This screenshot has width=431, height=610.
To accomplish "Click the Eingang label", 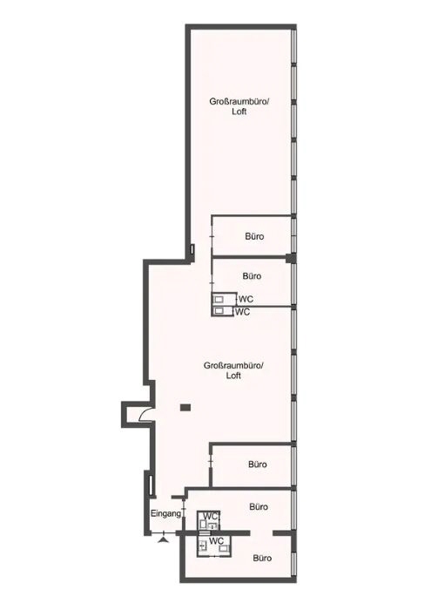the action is pyautogui.click(x=166, y=514).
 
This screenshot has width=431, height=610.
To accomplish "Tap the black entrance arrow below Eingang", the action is pyautogui.click(x=164, y=539).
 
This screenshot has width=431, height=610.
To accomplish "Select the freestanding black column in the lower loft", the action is pyautogui.click(x=185, y=407).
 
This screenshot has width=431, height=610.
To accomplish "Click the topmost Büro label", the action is pyautogui.click(x=254, y=236).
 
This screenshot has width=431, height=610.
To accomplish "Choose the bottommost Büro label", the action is pyautogui.click(x=262, y=558).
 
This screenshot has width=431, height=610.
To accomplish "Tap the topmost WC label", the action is pyautogui.click(x=246, y=299).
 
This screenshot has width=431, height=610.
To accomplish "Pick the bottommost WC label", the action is pyautogui.click(x=217, y=541).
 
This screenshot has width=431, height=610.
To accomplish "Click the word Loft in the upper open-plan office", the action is pyautogui.click(x=239, y=112).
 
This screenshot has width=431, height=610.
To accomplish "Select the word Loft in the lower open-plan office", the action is pyautogui.click(x=233, y=376).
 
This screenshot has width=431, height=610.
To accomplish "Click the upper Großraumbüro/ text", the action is pyautogui.click(x=239, y=102).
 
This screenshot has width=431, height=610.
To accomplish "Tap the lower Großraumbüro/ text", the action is pyautogui.click(x=234, y=366).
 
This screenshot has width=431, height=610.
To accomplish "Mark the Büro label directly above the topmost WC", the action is pyautogui.click(x=252, y=276).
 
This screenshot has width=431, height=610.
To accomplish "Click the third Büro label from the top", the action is pyautogui.click(x=258, y=464).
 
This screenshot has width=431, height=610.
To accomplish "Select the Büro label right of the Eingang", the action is pyautogui.click(x=259, y=507).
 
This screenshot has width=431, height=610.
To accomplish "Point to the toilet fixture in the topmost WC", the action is pyautogui.click(x=219, y=299).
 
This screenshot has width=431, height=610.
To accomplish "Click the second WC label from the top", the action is pyautogui.click(x=243, y=312).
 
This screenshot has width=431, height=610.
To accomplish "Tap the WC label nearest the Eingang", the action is pyautogui.click(x=211, y=517).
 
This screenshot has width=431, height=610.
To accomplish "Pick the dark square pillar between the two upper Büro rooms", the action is pyautogui.click(x=289, y=258).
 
